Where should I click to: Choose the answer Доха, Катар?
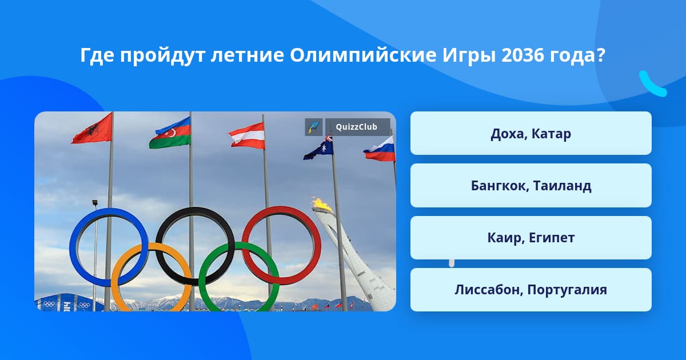(x=531, y=133)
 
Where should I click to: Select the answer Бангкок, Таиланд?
(x=531, y=186)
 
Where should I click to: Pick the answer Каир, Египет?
(x=531, y=238)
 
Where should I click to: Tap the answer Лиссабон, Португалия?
(x=531, y=290)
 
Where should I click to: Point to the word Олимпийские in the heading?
(x=363, y=56)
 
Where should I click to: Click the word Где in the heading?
(x=97, y=56)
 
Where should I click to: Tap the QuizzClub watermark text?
(x=357, y=127)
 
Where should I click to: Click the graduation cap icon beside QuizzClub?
(x=314, y=127)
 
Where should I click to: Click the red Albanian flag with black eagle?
(x=93, y=129)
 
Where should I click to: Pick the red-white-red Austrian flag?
(x=247, y=135)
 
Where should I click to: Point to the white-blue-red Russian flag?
(x=380, y=149)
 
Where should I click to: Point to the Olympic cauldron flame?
(x=321, y=205)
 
